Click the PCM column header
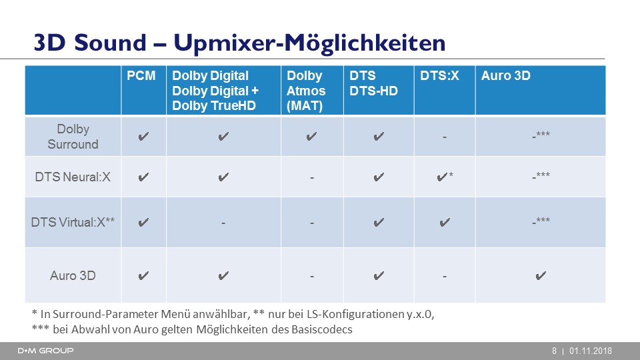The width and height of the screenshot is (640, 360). coord(141,76)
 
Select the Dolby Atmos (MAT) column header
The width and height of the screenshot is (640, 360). coord(306,91)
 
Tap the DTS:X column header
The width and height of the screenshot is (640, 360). coord(439,76)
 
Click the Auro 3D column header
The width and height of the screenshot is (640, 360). coord(506,76)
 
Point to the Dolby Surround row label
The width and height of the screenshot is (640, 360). coord(73,136)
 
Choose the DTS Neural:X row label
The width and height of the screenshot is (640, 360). coord(73,177)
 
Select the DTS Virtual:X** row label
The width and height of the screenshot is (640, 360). coord(73,223)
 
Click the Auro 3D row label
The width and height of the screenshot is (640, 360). coord(73,276)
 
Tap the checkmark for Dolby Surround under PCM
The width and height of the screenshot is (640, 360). coord(143,136)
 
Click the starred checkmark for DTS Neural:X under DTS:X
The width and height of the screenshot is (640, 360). coord(445,177)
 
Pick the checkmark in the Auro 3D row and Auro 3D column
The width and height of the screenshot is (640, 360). coord(541,276)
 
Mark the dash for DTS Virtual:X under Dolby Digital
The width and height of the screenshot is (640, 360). coord(223,223)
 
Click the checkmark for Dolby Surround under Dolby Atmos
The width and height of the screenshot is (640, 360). coord(311,136)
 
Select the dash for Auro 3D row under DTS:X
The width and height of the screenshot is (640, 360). coord(445,277)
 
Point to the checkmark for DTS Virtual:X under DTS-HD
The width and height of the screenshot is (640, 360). coord(379,223)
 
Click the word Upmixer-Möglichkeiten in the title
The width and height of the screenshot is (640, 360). coord(309,43)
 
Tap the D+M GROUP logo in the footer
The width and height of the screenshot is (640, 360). coord(46,351)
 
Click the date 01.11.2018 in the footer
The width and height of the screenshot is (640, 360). coord(591,351)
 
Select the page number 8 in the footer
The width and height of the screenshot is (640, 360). coord(554,351)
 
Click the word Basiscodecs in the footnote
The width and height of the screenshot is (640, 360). coord(321,329)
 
